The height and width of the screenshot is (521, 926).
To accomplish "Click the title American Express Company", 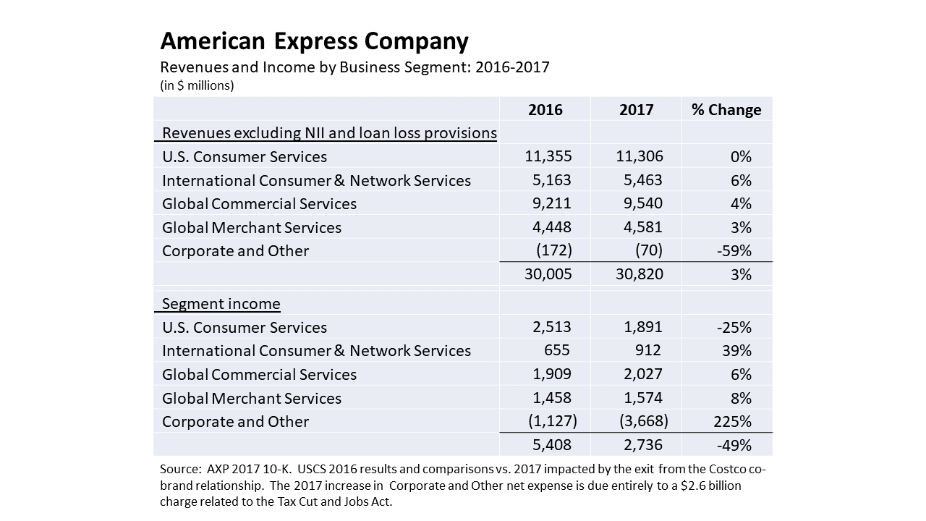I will coord(314,41).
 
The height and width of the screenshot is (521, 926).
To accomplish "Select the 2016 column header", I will coord(545,110).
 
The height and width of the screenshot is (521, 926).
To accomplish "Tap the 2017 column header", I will coord(636,110).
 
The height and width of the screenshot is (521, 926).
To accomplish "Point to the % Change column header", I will coord(726,110).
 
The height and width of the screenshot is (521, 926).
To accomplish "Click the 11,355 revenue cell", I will coord(548,157).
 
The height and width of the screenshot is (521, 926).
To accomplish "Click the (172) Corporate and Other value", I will coord(553,251).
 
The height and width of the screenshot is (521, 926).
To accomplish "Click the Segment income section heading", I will coord(221,304).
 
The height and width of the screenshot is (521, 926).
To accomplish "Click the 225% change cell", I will coord(734,421).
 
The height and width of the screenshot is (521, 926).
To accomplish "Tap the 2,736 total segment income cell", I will coord(639,445).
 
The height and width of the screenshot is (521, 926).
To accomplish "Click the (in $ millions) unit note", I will coord(197,85).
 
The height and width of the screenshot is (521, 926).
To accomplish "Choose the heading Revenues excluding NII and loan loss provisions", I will coord(329,133).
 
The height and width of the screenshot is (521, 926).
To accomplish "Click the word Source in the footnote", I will coord(179,469).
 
